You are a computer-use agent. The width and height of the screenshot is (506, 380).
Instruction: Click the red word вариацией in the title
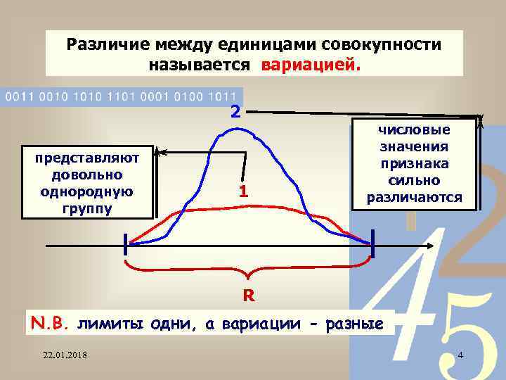point(311,65)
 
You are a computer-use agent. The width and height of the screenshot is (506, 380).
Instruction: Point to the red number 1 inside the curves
point(242,191)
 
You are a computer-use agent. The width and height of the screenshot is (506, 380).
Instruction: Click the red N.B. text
point(50,324)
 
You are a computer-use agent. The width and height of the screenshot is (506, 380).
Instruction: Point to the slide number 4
point(460,353)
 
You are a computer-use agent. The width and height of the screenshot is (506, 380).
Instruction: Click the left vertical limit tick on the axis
point(126,245)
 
